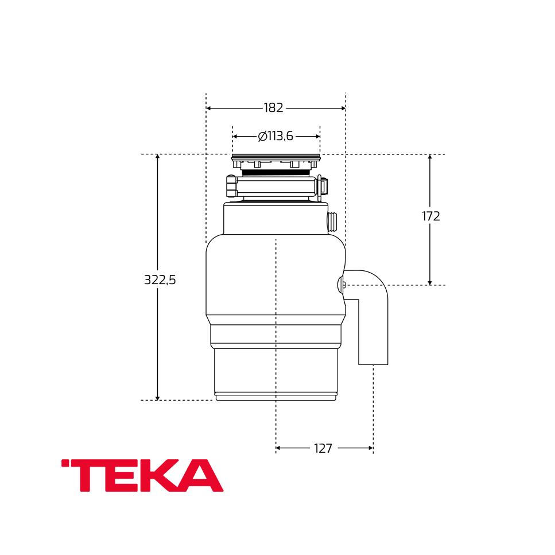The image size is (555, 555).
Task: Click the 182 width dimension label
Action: (x=273, y=108)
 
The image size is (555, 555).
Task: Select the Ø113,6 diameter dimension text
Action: (x=275, y=137)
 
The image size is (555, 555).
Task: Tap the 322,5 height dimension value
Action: (x=160, y=280)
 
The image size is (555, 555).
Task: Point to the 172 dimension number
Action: (x=430, y=216)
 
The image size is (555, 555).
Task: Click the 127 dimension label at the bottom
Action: (x=323, y=449)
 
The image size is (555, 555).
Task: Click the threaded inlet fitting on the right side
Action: (x=332, y=222)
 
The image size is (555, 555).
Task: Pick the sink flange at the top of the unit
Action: (x=276, y=157)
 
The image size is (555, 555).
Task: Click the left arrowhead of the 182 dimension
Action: (x=208, y=108)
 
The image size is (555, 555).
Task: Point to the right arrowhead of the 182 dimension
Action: (x=343, y=108)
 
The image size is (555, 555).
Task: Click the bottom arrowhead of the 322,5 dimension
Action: (x=157, y=398)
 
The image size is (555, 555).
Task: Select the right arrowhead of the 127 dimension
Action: (x=371, y=448)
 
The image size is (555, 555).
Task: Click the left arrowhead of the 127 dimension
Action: (x=278, y=448)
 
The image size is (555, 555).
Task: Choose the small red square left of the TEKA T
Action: (x=65, y=463)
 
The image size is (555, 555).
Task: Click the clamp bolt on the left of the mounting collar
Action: (x=231, y=187)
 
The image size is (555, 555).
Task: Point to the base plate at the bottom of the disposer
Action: (x=275, y=397)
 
